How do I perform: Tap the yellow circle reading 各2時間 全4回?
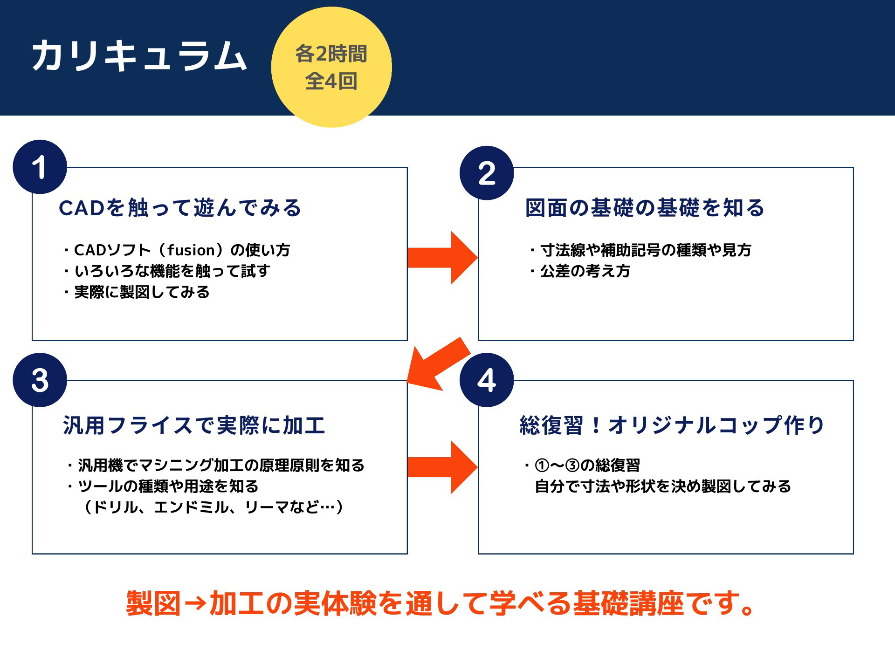331,67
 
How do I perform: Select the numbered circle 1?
40,167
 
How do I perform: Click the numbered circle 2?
487,173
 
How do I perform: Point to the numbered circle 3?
40,380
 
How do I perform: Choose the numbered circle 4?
487,380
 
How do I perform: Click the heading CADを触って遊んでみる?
180,208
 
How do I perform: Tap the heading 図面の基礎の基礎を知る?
645,208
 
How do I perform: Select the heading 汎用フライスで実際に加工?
194,425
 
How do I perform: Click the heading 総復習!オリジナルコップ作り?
672,425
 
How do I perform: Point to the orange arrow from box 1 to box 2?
442,258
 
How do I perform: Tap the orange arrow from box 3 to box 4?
442,467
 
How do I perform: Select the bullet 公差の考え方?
580,271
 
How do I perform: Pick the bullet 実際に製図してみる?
137,292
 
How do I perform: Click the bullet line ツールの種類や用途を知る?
163,486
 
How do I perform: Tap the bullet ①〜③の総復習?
583,465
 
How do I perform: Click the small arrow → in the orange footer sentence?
195,604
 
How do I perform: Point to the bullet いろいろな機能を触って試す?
167,271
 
